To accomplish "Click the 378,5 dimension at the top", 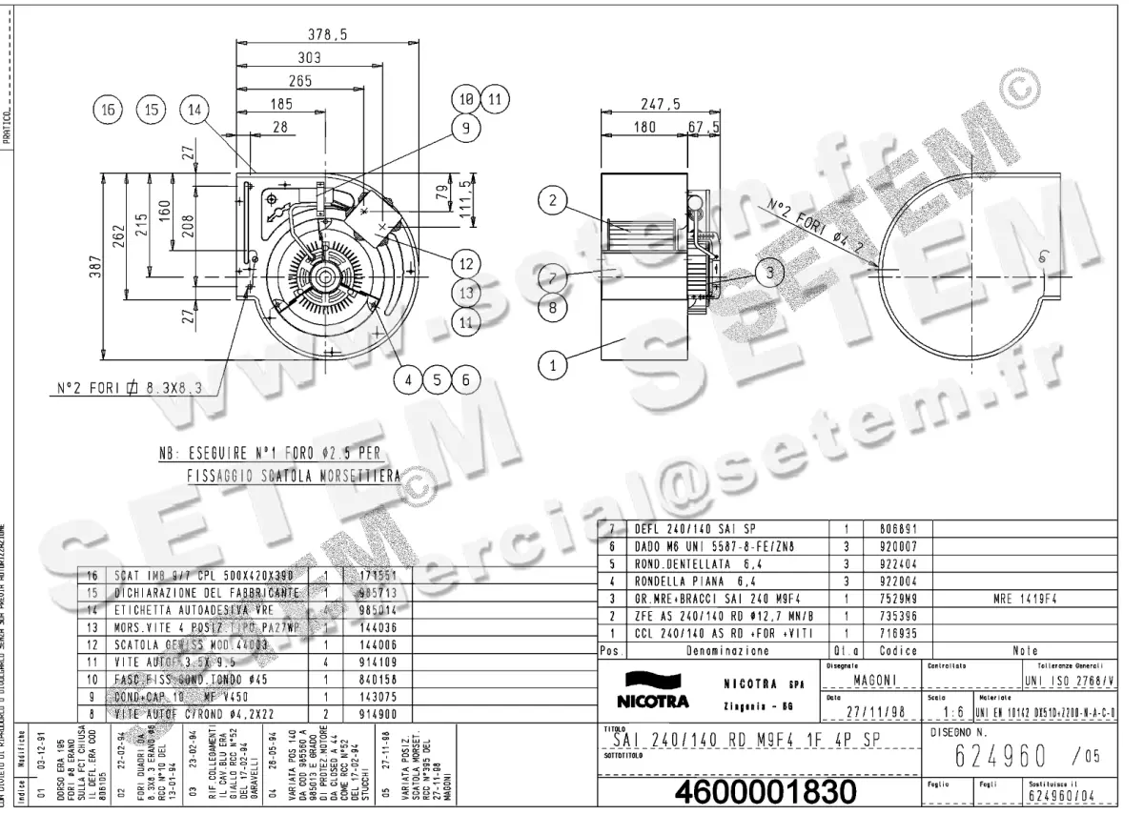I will [x=333, y=35].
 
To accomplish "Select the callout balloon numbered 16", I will [x=107, y=111].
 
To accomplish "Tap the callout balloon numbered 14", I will [x=195, y=111].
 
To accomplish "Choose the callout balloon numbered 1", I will [x=551, y=362].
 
